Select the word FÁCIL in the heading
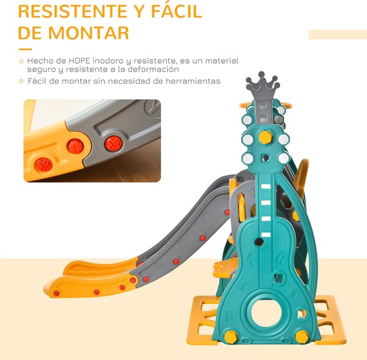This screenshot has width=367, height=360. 177,10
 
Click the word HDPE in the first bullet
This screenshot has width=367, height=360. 79,61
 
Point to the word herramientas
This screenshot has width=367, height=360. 193,81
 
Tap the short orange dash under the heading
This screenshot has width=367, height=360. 25,50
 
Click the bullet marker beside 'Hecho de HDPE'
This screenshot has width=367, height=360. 21,62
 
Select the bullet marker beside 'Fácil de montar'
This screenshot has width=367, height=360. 21,81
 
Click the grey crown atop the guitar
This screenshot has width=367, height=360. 262,84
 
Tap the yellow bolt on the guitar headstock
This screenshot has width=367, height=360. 265,137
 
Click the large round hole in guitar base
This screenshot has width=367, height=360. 266,313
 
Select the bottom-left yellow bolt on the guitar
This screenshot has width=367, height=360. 231,337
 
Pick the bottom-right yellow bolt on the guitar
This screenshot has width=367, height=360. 302,337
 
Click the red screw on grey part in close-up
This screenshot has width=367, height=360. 113,144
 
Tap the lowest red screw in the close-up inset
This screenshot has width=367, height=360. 43,165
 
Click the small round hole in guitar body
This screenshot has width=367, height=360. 259,242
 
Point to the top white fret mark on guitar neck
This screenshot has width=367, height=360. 265,187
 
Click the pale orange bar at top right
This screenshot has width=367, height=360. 338,34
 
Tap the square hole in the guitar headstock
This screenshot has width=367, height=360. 265,157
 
